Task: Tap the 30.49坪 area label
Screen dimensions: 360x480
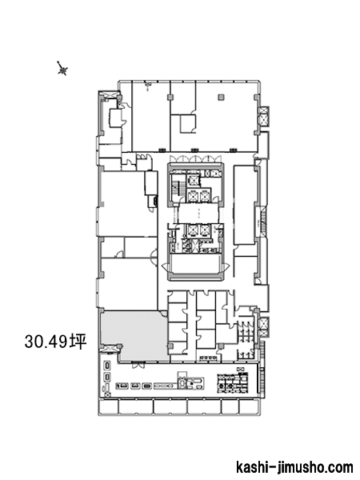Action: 56,342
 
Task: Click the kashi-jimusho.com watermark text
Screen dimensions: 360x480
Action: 294,467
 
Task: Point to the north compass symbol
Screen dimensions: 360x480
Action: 62,69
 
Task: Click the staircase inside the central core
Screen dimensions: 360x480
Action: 177,186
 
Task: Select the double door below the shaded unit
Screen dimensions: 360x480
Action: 138,365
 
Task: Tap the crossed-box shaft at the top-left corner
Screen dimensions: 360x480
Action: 110,95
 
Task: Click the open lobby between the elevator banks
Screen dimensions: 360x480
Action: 198,213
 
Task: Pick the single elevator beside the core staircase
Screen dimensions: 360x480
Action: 194,181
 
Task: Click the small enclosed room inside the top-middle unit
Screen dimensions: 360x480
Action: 187,124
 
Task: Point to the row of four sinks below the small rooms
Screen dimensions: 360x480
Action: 209,358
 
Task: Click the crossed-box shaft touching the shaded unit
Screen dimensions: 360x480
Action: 110,348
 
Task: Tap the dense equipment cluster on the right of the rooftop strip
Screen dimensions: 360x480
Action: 232,383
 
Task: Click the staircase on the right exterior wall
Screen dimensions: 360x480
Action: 262,222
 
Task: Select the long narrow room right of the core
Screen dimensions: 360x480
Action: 245,205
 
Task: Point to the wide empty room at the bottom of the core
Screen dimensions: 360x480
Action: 196,264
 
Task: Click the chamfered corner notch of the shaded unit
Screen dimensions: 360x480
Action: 165,314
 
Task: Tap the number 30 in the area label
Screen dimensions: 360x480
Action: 33,342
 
